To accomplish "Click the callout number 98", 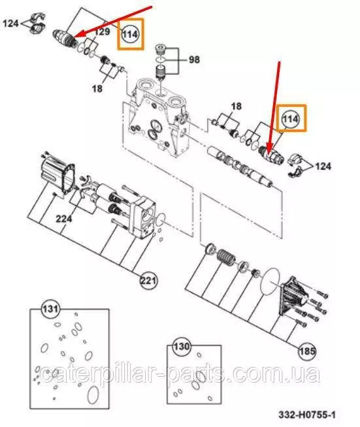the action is click(194, 59).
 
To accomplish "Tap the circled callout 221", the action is click(148, 281).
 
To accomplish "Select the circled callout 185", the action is click(307, 351).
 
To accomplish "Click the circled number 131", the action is click(50, 309).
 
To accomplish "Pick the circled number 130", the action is click(182, 347).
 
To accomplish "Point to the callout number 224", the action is click(64, 219).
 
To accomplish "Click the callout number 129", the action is click(103, 32).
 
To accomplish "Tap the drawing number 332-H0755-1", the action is click(307, 415).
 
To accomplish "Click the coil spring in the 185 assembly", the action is click(226, 257).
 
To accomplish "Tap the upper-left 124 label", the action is click(10, 24).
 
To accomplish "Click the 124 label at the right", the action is click(323, 166).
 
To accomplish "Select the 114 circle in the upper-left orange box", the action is click(130, 35).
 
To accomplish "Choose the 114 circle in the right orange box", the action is click(291, 119).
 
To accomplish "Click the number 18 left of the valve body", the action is click(97, 89).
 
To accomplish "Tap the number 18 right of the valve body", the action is click(236, 106).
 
